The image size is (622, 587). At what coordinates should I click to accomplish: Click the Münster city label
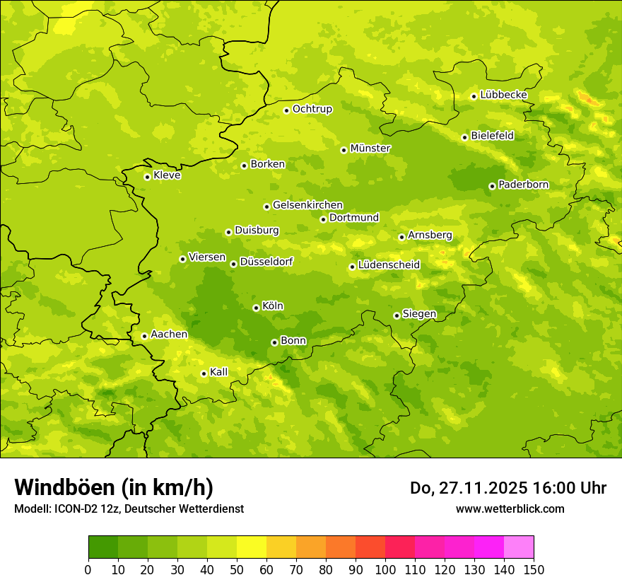(x=370, y=149)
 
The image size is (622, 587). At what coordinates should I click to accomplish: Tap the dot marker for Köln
(x=256, y=308)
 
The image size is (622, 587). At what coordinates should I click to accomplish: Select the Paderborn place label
(x=524, y=185)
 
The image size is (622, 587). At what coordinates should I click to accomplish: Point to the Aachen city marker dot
(x=144, y=336)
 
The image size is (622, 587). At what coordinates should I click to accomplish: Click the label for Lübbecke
(x=504, y=95)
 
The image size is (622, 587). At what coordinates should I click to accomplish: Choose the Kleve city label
(x=167, y=175)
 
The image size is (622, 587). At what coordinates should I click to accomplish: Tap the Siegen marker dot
(x=397, y=315)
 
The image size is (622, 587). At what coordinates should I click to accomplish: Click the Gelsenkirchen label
(x=307, y=205)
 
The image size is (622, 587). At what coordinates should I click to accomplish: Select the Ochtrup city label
(x=312, y=109)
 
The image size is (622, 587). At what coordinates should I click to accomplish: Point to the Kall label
(x=219, y=372)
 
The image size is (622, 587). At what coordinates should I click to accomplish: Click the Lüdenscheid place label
(x=389, y=265)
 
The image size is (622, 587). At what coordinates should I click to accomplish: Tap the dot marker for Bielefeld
(x=464, y=137)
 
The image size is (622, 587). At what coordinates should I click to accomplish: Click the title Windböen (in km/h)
(x=114, y=487)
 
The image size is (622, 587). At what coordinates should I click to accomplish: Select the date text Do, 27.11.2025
(x=468, y=488)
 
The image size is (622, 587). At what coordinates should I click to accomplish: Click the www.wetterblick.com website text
(x=510, y=508)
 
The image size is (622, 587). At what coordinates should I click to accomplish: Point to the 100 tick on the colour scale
(x=385, y=569)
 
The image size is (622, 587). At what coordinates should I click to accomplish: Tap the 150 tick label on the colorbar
(x=534, y=569)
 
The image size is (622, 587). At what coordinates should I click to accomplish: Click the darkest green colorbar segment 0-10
(x=103, y=547)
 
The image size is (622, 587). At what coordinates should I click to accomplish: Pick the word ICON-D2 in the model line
(x=76, y=509)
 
